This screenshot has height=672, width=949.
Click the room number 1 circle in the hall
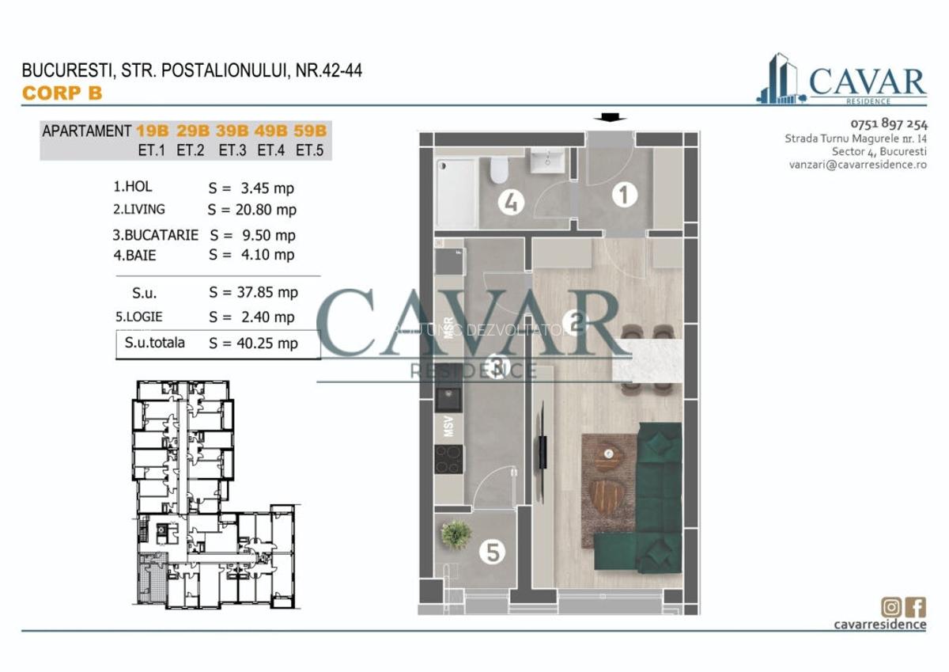click(x=624, y=194)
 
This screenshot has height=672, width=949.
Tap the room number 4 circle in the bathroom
click(x=512, y=203)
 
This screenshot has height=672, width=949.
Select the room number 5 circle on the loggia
click(x=493, y=552)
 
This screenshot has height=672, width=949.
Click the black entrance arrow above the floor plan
click(x=608, y=118)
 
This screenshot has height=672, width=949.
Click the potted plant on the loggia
click(x=456, y=534)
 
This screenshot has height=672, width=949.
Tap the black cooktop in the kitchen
click(x=449, y=458)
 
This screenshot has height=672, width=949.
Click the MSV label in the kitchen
click(x=448, y=423)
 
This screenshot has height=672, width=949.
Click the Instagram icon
click(x=891, y=607)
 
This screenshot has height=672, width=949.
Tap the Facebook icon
click(x=916, y=607)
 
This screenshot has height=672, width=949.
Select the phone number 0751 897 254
click(x=889, y=123)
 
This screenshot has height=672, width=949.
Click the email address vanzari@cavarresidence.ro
click(x=857, y=165)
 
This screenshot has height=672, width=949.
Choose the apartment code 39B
click(x=232, y=131)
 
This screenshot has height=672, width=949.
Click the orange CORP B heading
click(x=62, y=93)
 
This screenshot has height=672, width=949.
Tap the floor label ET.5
click(x=312, y=149)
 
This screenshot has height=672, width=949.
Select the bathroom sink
click(x=545, y=161)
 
